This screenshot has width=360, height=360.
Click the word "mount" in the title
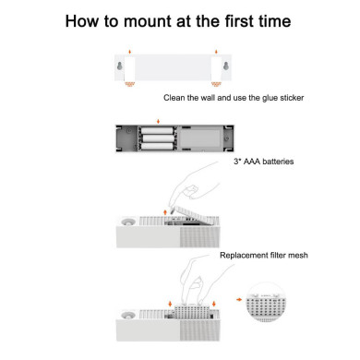pyautogui.click(x=148, y=21)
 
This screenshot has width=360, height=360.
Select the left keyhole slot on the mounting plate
pyautogui.click(x=120, y=66)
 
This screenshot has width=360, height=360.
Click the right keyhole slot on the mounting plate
pyautogui.click(x=226, y=66)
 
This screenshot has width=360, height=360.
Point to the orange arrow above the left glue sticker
pyautogui.click(x=130, y=52)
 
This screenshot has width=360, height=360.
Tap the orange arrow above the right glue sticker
pyautogui.click(x=216, y=52)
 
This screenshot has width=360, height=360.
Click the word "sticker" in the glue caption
pyautogui.click(x=292, y=98)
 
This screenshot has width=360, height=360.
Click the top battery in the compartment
pyautogui.click(x=157, y=131)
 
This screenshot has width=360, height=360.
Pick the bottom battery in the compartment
pyautogui.click(x=157, y=146)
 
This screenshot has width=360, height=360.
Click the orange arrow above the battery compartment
pyautogui.click(x=158, y=121)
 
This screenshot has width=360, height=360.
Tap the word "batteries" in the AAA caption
pyautogui.click(x=278, y=162)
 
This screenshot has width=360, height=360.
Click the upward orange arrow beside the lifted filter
pyautogui.click(x=165, y=212)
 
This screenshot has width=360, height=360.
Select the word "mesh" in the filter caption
pyautogui.click(x=298, y=256)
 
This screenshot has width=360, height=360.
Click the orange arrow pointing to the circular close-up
pyautogui.click(x=239, y=299)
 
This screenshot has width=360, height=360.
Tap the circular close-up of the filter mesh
pyautogui.click(x=266, y=303)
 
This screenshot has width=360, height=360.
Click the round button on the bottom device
pyautogui.click(x=128, y=315)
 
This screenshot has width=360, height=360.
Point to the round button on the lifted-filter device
pyautogui.click(x=128, y=222)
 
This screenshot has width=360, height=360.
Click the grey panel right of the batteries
pyautogui.click(x=199, y=138)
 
